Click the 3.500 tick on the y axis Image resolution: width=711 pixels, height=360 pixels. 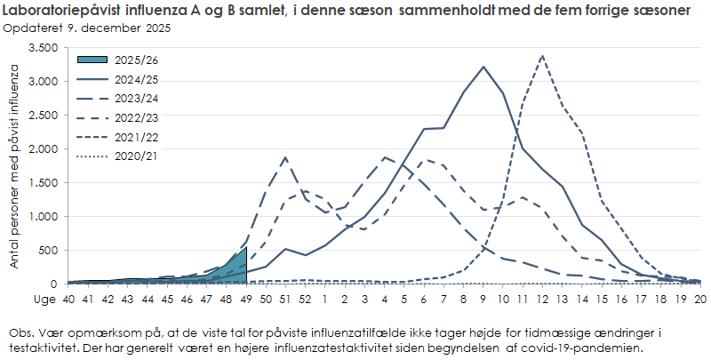43,48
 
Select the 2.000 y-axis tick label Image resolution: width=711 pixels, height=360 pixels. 43,149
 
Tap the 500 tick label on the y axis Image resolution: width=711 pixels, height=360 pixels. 48,251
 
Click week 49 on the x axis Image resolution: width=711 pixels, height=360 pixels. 246,299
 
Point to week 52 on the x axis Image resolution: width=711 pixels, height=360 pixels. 305,299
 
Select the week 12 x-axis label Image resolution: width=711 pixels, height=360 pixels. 542,299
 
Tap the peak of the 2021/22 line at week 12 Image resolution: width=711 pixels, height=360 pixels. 542,56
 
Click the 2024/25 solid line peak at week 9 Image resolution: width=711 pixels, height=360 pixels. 483,67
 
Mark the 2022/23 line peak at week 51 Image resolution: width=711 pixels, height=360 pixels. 285,157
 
